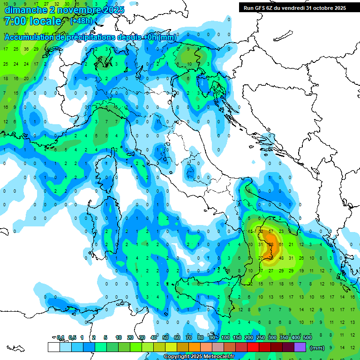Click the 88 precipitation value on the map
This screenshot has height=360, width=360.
click(271, 244)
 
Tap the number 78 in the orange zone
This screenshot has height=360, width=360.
click(270, 257)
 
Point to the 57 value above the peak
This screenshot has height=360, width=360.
click(270, 232)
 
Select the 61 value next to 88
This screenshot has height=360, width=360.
click(281, 244)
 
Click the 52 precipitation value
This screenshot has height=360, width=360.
click(261, 232)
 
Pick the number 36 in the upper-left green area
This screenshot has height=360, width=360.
click(26, 49)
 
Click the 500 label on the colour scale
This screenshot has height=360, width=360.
click(307, 337)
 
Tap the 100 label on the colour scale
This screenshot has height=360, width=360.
click(225, 337)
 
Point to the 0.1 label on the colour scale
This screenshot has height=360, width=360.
click(60, 337)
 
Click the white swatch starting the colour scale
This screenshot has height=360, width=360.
click(53, 347)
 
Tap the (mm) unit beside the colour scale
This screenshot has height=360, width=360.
click(317, 347)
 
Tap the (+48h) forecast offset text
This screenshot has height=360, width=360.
click(81, 21)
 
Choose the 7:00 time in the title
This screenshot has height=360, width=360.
click(15, 21)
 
